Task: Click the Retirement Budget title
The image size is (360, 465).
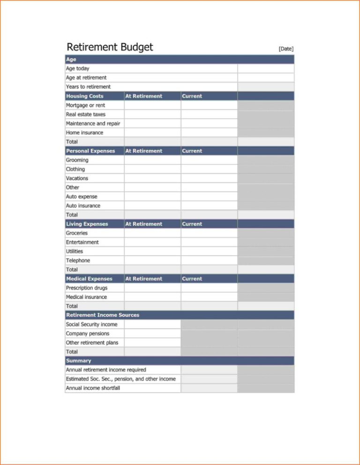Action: pos(110,47)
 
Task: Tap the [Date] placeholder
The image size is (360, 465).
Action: pos(286,49)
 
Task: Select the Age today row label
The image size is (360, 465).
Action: pos(77,68)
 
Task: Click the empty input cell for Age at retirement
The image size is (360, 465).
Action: pos(266,78)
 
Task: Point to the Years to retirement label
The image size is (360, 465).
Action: pos(88,87)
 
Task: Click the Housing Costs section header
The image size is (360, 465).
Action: pos(85,96)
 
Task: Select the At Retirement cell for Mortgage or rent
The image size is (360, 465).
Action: pos(152,105)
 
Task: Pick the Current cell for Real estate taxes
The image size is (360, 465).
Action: pos(209,114)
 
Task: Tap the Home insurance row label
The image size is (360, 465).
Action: pos(84,133)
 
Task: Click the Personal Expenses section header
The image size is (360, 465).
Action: pos(90,151)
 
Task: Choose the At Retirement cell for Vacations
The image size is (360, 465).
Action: pos(152,178)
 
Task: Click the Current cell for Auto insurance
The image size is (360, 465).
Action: pos(209,206)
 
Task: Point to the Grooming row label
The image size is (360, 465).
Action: pos(77,160)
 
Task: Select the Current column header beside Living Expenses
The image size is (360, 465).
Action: pos(192,224)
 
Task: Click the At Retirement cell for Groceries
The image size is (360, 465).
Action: pos(152,233)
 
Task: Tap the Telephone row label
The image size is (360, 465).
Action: pos(78,260)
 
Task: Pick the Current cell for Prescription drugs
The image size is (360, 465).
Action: pos(209,288)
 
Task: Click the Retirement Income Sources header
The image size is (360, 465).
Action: pos(103,315)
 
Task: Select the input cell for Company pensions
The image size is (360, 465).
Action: pos(152,333)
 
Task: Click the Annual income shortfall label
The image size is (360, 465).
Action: pos(93,388)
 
